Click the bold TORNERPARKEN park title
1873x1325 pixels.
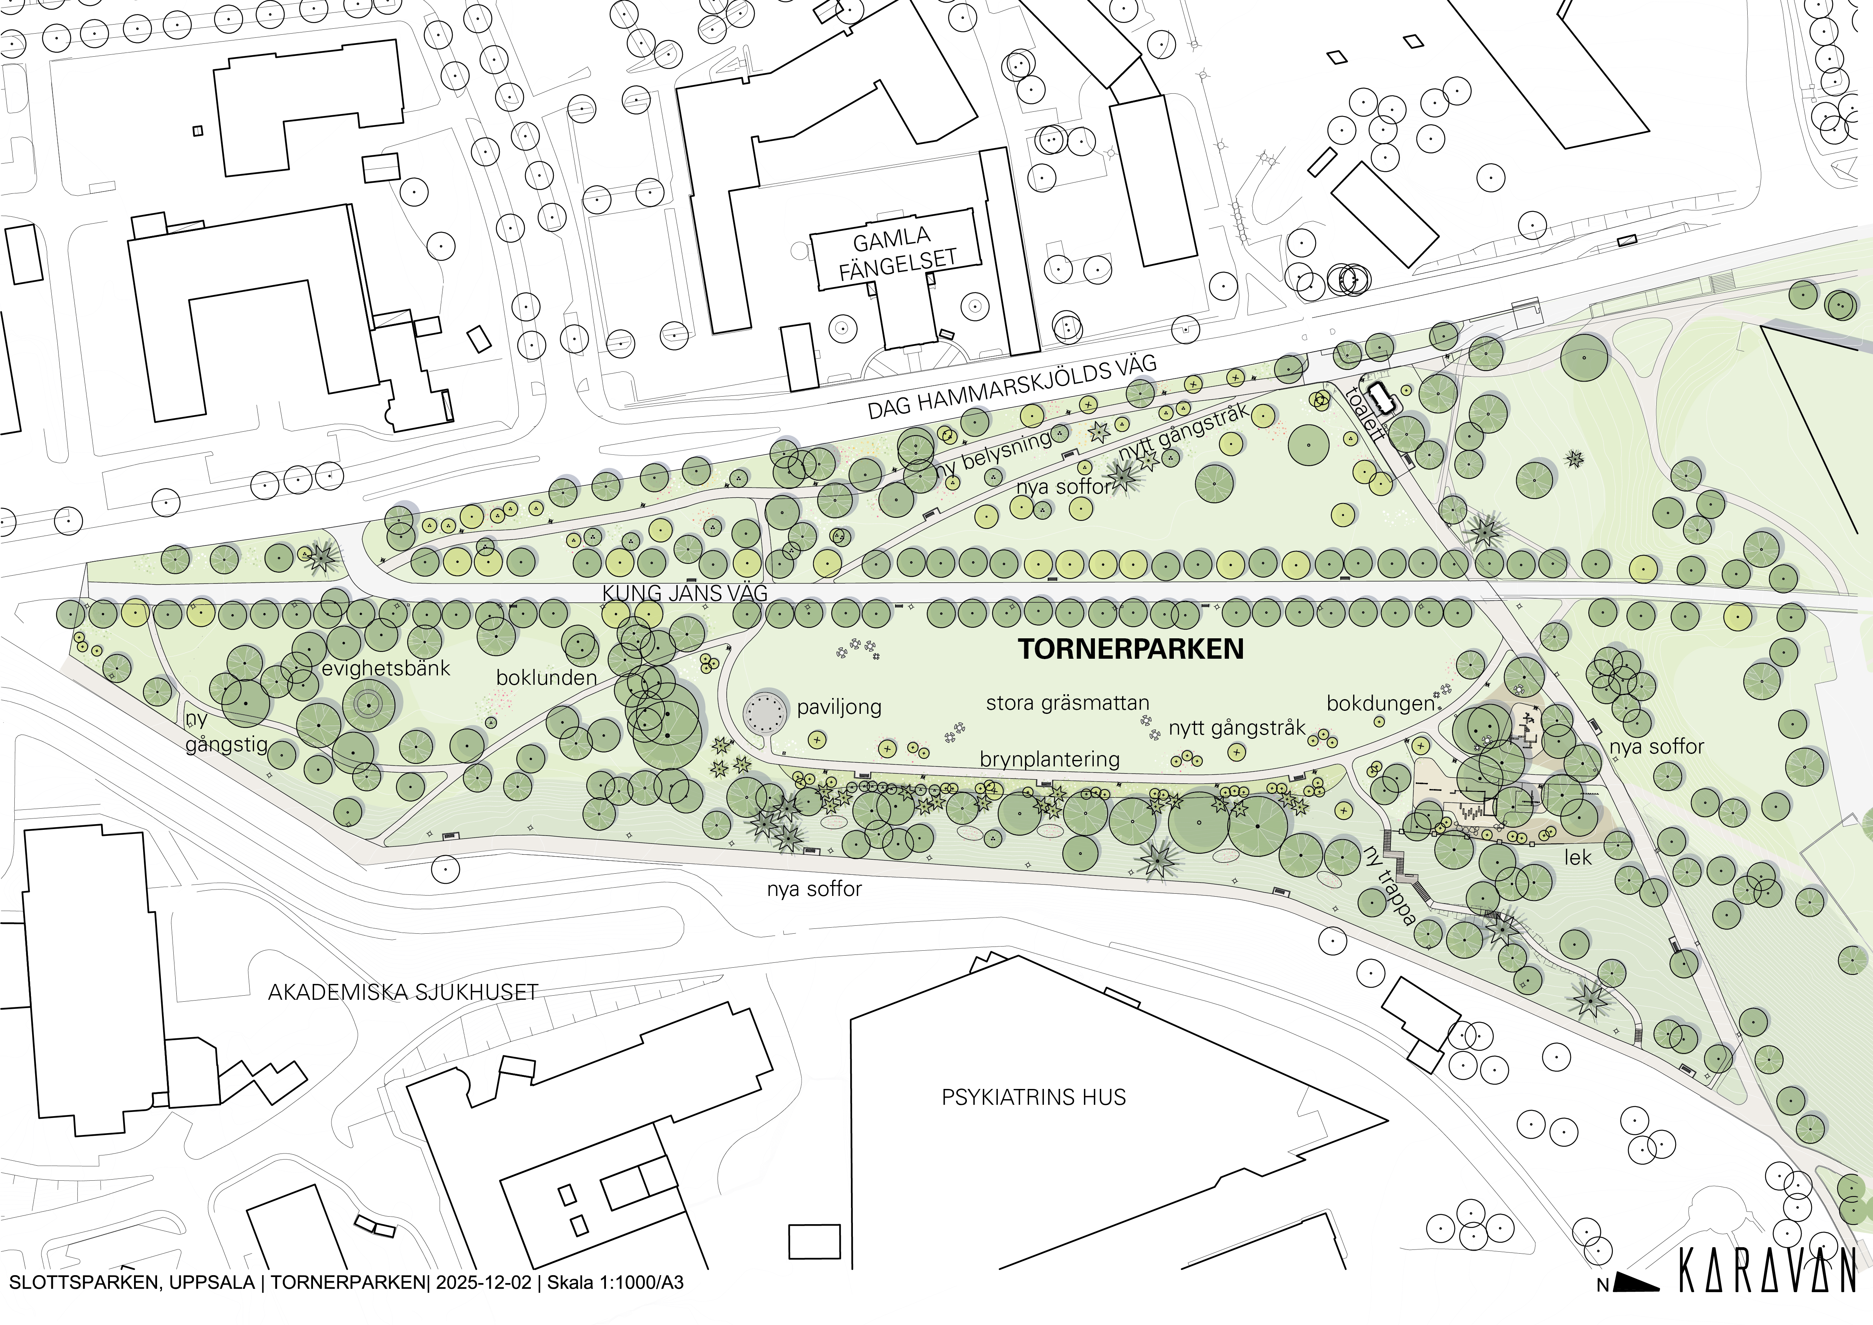[x=1131, y=649]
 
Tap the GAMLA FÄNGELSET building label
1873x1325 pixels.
[x=896, y=253]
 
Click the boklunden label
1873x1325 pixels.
[x=547, y=678]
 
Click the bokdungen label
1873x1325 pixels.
[x=1380, y=703]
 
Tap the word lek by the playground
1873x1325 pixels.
[x=1578, y=857]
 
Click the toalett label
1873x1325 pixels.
[x=1365, y=413]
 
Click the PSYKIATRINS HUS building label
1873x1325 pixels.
[x=1034, y=1097]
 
